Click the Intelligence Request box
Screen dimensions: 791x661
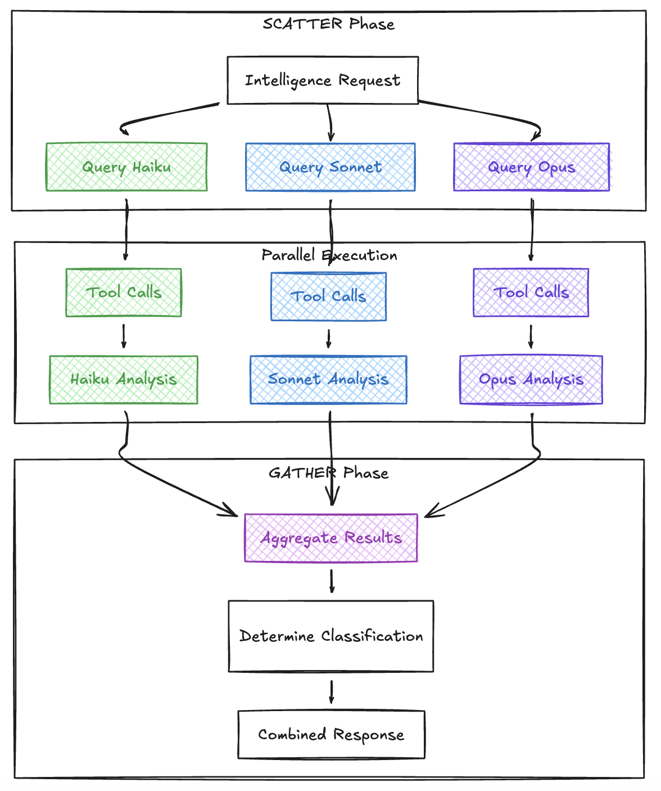point(323,80)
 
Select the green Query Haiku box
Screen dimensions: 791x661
point(126,167)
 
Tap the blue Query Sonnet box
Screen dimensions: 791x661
point(330,167)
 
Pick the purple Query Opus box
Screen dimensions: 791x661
point(531,167)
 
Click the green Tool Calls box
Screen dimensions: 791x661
point(124,293)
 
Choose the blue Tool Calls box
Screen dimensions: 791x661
point(328,296)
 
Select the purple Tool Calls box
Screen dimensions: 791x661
point(531,293)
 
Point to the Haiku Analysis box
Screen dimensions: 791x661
point(124,380)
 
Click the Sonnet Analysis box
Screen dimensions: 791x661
point(328,380)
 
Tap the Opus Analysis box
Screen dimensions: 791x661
point(531,380)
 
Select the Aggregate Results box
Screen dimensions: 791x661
point(331,538)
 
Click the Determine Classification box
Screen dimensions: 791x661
point(331,636)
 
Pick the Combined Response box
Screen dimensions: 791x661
point(331,735)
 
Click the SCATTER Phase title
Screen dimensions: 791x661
point(328,24)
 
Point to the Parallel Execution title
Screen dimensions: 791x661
point(329,255)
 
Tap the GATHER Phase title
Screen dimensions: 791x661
point(328,473)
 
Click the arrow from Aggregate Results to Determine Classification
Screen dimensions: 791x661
point(332,581)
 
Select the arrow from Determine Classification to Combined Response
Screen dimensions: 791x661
point(332,691)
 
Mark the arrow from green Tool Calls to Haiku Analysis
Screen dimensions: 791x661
point(124,336)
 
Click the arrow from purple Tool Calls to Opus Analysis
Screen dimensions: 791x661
point(531,336)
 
